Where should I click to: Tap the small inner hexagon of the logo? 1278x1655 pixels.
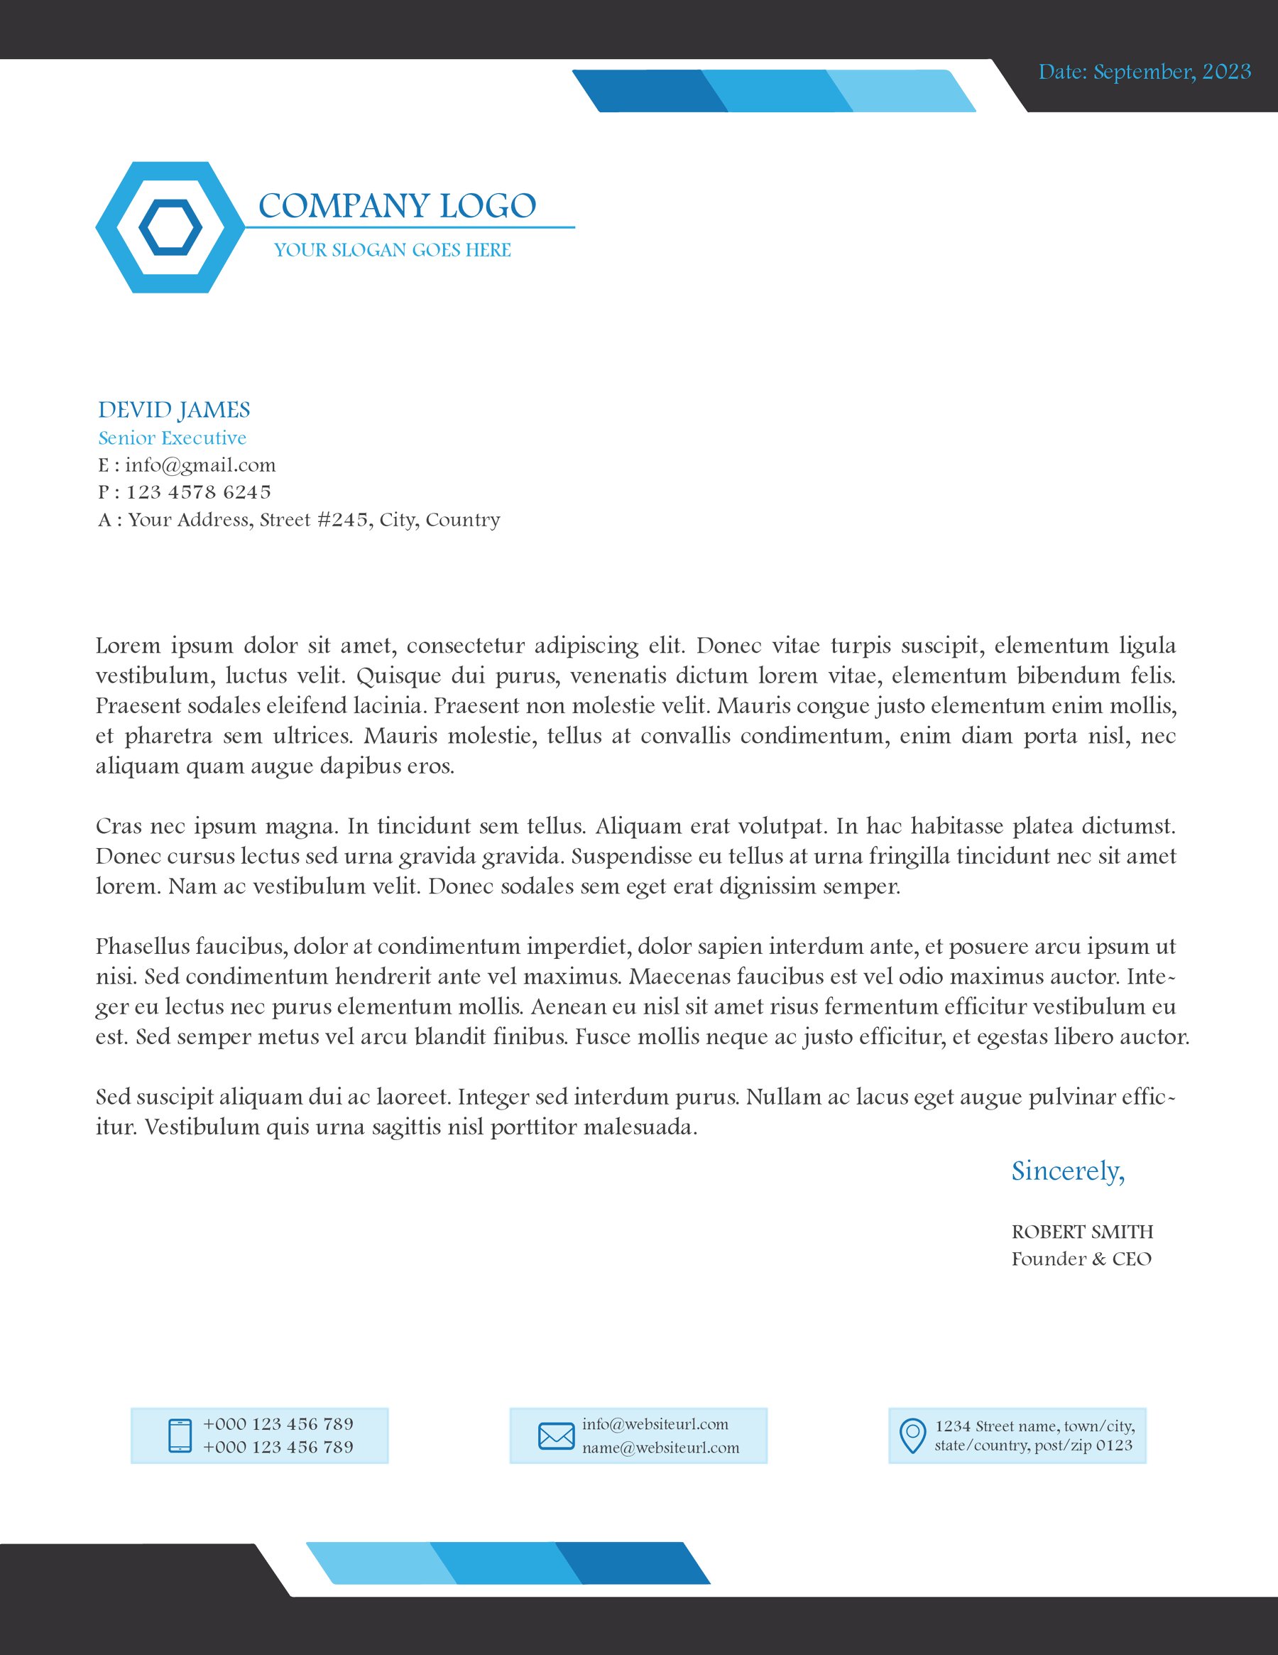click(x=170, y=227)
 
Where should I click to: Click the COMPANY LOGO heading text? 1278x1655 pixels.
click(x=397, y=206)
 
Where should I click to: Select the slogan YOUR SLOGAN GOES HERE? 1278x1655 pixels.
click(x=393, y=250)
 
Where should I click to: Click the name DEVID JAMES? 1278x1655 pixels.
click(x=173, y=410)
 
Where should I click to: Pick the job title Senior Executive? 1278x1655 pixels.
click(x=172, y=438)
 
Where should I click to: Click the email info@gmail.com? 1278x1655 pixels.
click(x=200, y=465)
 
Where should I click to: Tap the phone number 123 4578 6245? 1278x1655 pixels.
click(x=199, y=492)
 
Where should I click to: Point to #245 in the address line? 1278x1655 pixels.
click(x=342, y=519)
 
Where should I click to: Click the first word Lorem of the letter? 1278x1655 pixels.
click(x=127, y=646)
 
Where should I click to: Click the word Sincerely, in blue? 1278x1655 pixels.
click(x=1067, y=1171)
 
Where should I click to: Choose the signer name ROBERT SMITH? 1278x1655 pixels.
click(x=1082, y=1232)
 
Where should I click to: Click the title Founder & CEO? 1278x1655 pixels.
click(x=1081, y=1259)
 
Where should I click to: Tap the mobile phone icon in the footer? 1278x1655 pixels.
click(x=180, y=1436)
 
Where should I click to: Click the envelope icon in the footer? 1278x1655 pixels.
click(x=556, y=1436)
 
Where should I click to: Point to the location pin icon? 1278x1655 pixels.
click(x=912, y=1436)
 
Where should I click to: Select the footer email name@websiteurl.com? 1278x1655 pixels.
click(x=660, y=1448)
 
